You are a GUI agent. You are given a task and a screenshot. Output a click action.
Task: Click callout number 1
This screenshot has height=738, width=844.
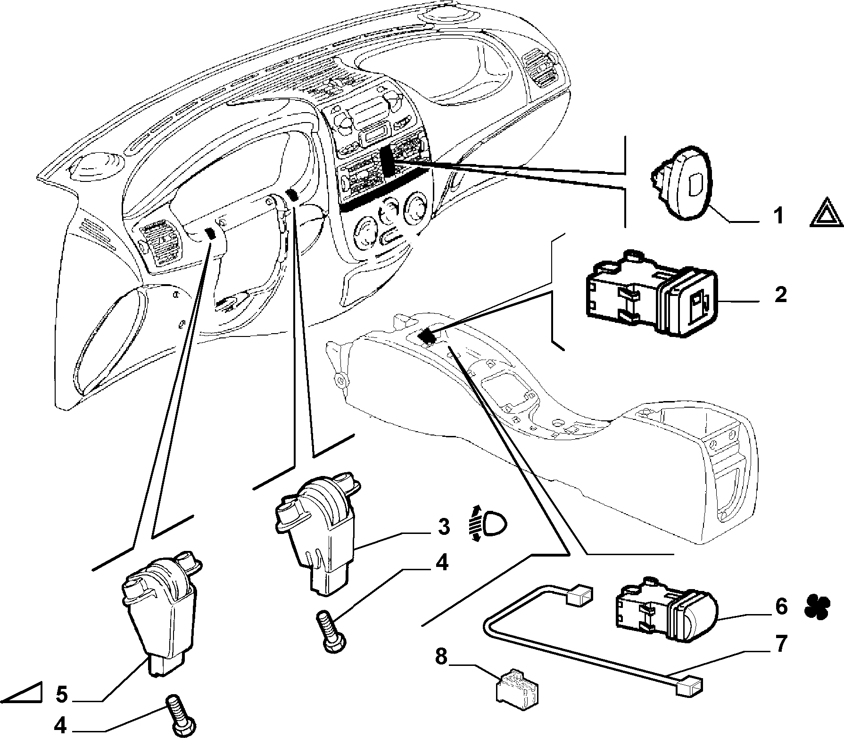(778, 216)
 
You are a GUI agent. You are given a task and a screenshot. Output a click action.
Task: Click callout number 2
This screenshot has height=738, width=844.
(780, 295)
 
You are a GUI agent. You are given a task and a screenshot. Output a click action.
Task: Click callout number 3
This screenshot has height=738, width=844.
(444, 527)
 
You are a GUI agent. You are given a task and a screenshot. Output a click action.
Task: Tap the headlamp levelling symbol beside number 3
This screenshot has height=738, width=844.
(487, 524)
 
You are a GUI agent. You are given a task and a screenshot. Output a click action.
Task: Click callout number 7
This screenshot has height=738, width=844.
(780, 644)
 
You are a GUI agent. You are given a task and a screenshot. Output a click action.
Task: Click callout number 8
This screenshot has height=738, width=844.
(440, 656)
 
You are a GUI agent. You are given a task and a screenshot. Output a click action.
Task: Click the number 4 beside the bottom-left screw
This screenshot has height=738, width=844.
(60, 726)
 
